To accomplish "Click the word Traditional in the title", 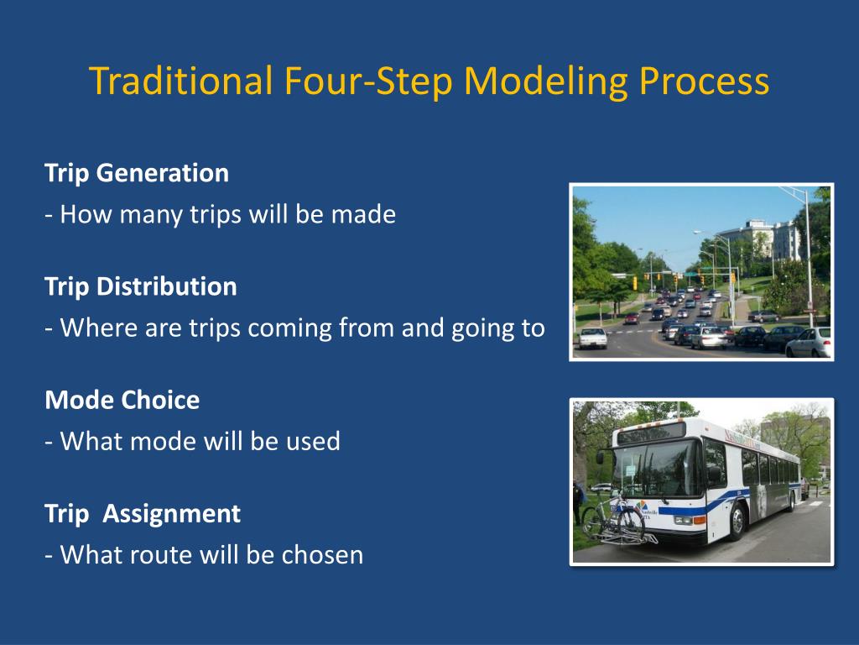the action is point(181,81).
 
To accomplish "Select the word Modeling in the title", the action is point(545,81).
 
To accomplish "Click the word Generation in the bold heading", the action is point(163,173).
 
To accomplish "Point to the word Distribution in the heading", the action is point(167,286).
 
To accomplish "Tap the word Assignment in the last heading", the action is point(171,514).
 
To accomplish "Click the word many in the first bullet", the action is point(151,215).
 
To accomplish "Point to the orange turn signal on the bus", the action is point(700,520).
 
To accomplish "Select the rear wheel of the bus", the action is point(793,500).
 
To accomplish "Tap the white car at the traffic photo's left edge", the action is point(593,338).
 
